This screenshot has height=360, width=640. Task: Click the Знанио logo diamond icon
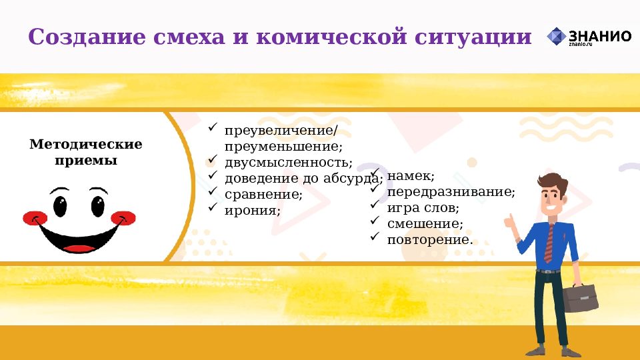556,37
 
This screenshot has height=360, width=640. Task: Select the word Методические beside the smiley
86,145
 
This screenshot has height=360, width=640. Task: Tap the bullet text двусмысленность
288,162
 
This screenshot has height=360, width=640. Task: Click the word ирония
252,210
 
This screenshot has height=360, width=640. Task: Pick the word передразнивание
451,192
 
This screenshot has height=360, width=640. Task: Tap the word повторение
430,239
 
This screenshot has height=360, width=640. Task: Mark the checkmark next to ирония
212,207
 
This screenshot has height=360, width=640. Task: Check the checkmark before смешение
375,221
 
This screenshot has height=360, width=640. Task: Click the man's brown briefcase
581,298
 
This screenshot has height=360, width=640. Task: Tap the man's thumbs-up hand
512,223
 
